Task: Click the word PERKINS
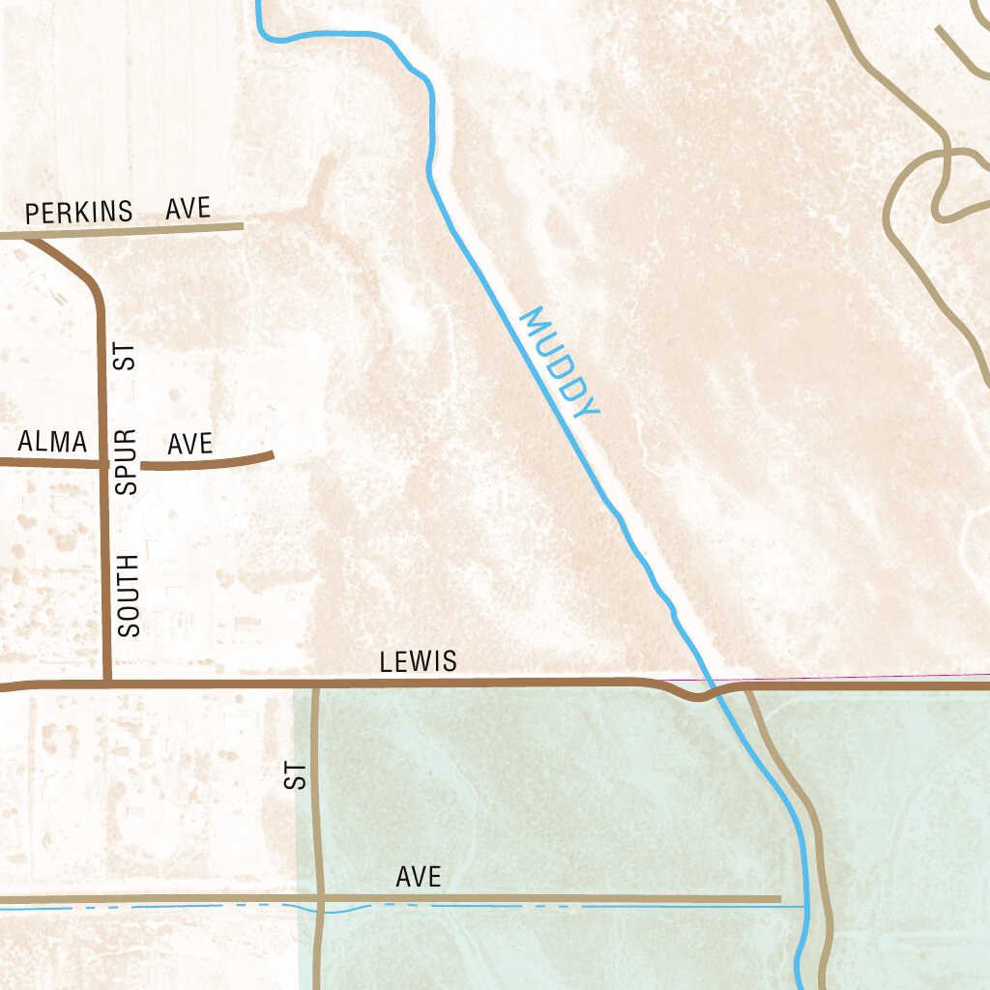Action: (78, 212)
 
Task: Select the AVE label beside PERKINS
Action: (188, 208)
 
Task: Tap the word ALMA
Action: (52, 442)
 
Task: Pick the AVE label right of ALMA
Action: (189, 444)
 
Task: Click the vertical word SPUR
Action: (128, 462)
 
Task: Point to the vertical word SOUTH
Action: (129, 595)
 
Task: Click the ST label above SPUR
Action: (126, 357)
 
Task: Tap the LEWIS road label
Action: (418, 662)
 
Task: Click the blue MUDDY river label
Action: (560, 363)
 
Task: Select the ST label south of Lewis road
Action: (296, 775)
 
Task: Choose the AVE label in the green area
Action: (419, 877)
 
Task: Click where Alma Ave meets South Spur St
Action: (103, 464)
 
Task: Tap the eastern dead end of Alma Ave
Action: (272, 453)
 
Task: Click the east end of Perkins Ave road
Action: (242, 226)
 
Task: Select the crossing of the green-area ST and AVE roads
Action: (318, 900)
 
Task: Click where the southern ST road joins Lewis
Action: (315, 685)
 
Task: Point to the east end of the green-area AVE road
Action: (779, 899)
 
